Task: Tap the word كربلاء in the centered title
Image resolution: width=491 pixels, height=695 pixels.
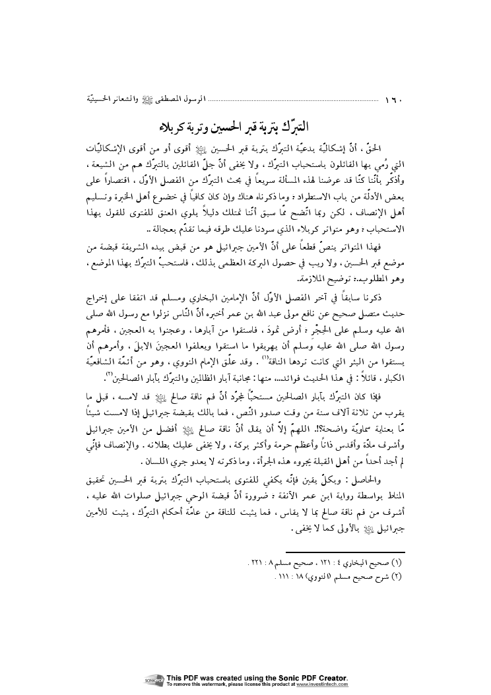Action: (x=180, y=126)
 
